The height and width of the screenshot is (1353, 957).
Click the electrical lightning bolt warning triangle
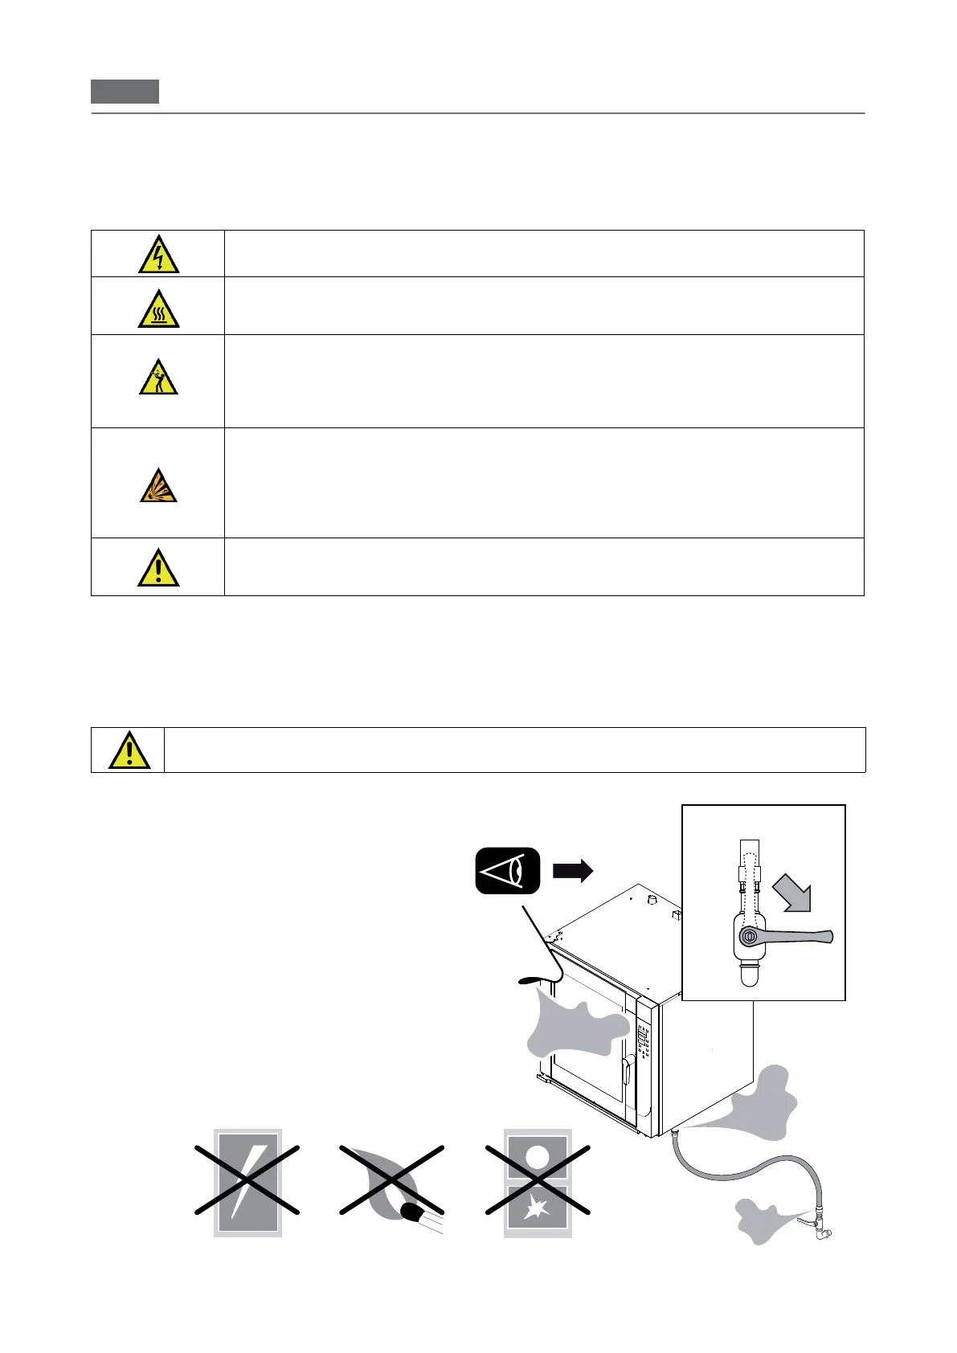point(158,254)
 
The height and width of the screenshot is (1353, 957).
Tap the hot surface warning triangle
point(158,309)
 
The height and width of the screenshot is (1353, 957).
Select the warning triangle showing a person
point(158,378)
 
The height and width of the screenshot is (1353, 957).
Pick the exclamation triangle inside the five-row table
point(158,567)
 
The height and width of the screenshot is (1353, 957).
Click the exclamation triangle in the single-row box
point(129,750)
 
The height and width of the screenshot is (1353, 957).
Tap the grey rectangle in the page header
point(125,92)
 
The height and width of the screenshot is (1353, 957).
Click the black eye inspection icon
point(507,870)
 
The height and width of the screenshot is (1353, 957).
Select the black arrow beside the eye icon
point(573,870)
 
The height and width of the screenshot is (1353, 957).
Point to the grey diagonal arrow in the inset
point(794,893)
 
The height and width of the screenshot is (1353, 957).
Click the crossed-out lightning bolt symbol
point(247,1182)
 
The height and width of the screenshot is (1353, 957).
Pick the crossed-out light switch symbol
point(538,1182)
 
